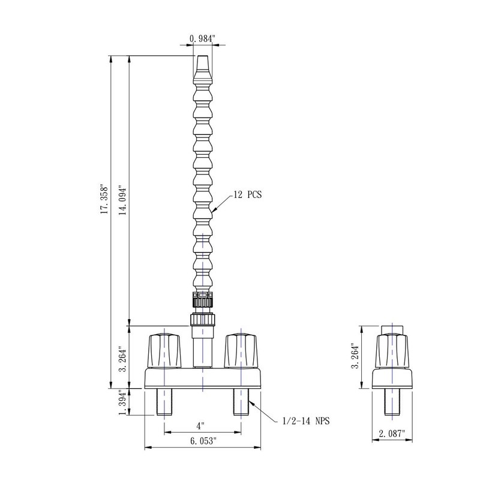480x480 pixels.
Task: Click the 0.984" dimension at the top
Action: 203,39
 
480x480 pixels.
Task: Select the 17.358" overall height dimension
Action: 104,199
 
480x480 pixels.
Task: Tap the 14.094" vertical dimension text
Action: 123,200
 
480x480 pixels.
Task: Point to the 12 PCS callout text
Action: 248,194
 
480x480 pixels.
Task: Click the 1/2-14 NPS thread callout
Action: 306,421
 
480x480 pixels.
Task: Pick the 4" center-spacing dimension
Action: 200,426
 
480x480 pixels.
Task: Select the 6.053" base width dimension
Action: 203,441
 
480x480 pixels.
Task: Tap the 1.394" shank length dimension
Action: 122,403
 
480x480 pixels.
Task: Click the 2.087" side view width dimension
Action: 392,433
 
